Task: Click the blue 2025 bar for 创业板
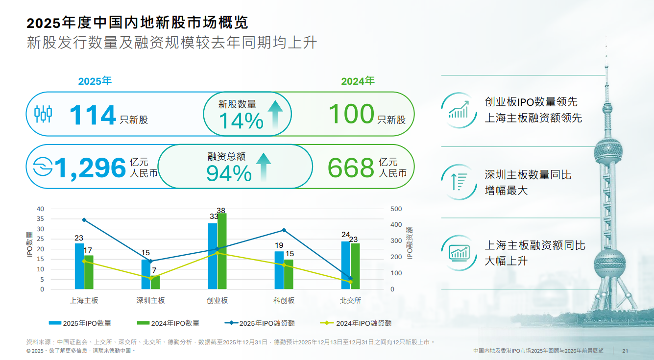pyautogui.click(x=212, y=256)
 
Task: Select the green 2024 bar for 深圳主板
pyautogui.click(x=155, y=282)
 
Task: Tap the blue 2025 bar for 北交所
pyautogui.click(x=345, y=265)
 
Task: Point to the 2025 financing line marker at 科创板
pyautogui.click(x=284, y=230)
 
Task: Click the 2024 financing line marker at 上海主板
pyautogui.click(x=84, y=261)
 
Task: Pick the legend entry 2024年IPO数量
pyautogui.click(x=168, y=323)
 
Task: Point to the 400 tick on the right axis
pyautogui.click(x=396, y=225)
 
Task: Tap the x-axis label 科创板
pyautogui.click(x=284, y=300)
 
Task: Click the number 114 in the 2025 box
pyautogui.click(x=92, y=115)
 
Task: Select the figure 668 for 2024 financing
pyautogui.click(x=350, y=168)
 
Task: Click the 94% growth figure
pyautogui.click(x=229, y=173)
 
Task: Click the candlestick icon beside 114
pyautogui.click(x=43, y=114)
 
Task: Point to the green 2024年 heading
pyautogui.click(x=358, y=81)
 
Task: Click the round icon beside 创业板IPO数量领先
pyautogui.click(x=459, y=110)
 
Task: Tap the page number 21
pyautogui.click(x=625, y=351)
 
